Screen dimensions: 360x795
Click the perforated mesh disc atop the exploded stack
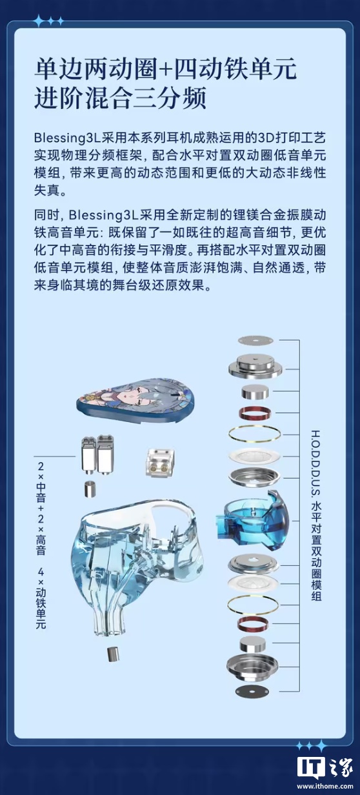tap(255, 340)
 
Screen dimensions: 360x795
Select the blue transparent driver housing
tap(252, 519)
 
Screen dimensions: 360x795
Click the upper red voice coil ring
tap(255, 413)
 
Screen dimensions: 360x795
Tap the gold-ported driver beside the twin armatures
tap(159, 461)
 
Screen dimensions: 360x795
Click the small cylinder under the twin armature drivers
tap(90, 488)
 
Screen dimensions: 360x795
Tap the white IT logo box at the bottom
tap(311, 765)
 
